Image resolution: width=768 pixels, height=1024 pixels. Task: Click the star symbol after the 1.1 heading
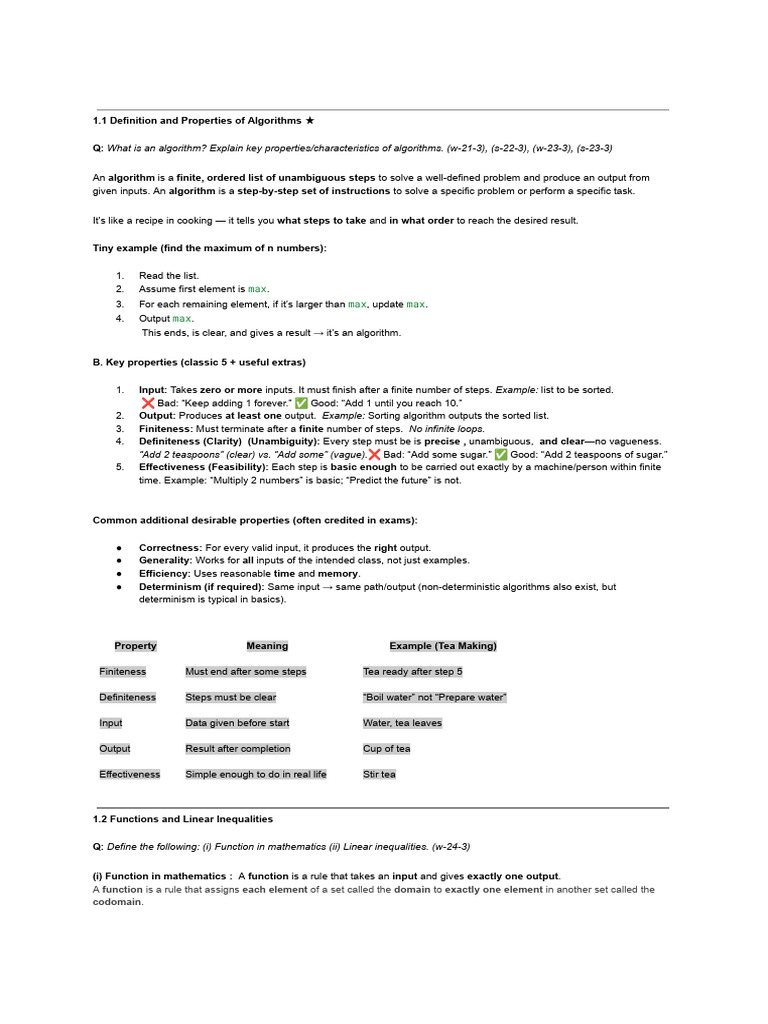[x=310, y=120]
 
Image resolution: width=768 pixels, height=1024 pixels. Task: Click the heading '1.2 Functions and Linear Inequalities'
[x=183, y=819]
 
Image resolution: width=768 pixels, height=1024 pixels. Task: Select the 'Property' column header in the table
[x=135, y=646]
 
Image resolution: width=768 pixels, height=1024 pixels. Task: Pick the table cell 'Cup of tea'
[x=387, y=749]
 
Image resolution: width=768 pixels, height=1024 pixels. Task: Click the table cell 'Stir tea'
[x=379, y=774]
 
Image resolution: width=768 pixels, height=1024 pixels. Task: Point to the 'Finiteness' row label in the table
[x=122, y=672]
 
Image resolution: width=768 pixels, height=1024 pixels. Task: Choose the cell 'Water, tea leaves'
[x=402, y=723]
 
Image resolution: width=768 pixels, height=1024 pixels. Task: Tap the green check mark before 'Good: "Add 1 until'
[x=301, y=402]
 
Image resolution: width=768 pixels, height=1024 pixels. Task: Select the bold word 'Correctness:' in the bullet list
[x=170, y=548]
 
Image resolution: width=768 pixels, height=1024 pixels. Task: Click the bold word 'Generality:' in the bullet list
[x=166, y=561]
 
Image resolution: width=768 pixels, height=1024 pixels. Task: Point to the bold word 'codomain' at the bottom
[x=118, y=902]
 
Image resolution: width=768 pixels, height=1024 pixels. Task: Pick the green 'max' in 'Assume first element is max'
[x=258, y=289]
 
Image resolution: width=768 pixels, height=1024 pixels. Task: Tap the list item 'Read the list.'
[x=169, y=275]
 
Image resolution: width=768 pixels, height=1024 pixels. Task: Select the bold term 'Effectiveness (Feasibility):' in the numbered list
[x=203, y=467]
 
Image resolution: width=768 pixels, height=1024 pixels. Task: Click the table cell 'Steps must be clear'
[x=231, y=697]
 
